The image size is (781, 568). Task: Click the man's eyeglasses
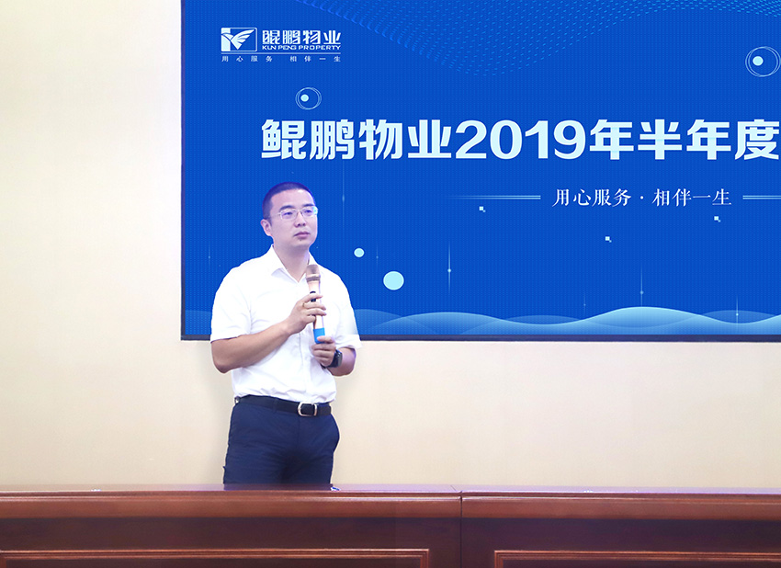pyautogui.click(x=294, y=213)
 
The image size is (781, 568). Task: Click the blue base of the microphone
pyautogui.click(x=319, y=334)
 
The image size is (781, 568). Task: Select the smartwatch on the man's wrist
pyautogui.click(x=335, y=358)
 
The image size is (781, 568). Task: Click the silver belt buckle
pyautogui.click(x=306, y=409)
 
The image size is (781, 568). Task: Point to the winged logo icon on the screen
pyautogui.click(x=239, y=40)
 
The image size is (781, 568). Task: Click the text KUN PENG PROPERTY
pyautogui.click(x=300, y=48)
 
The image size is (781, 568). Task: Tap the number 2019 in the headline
pyautogui.click(x=520, y=140)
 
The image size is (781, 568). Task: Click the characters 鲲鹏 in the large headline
pyautogui.click(x=309, y=140)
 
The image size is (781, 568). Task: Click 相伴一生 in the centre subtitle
pyautogui.click(x=691, y=198)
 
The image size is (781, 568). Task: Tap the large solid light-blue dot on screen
pyautogui.click(x=393, y=280)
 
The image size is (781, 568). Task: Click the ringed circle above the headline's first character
pyautogui.click(x=309, y=98)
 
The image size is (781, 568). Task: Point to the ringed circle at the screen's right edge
pyautogui.click(x=763, y=62)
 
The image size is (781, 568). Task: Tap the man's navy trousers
pyautogui.click(x=281, y=443)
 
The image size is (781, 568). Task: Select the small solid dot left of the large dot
pyautogui.click(x=358, y=253)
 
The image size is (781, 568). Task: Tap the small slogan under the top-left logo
pyautogui.click(x=281, y=58)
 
